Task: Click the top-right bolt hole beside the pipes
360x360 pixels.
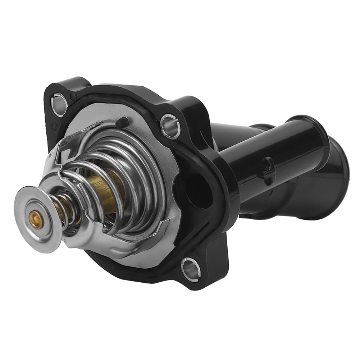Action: [171, 125]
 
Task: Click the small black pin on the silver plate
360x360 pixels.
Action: [122, 122]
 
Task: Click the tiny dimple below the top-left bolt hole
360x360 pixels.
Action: [55, 126]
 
